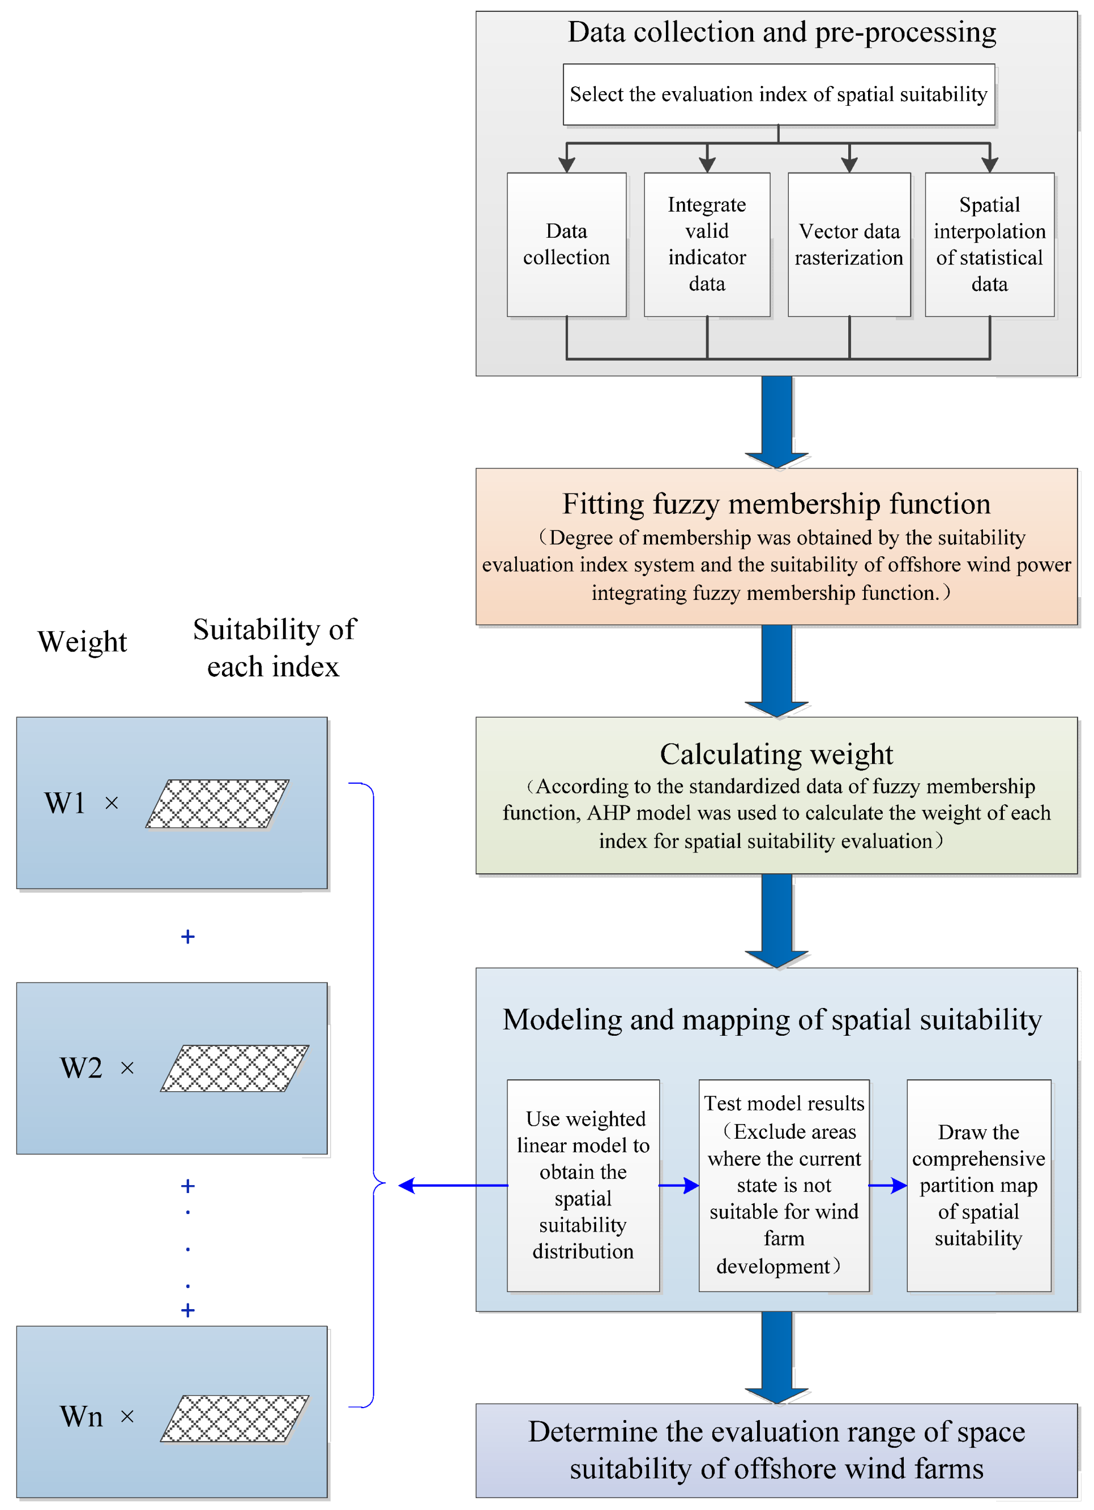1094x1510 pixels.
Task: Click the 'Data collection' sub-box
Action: (566, 244)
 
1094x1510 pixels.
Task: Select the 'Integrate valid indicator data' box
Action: (707, 244)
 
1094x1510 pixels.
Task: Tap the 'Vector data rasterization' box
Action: (849, 244)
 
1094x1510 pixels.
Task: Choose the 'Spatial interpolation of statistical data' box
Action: (989, 244)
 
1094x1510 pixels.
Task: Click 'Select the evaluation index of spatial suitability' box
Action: (778, 95)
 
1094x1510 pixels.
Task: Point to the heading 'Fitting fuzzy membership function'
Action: (776, 504)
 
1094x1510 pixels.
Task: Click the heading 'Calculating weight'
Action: (776, 754)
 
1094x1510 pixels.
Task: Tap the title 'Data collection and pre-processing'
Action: (781, 32)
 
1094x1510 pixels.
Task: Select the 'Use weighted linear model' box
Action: (583, 1185)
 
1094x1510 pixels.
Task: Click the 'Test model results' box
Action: (784, 1185)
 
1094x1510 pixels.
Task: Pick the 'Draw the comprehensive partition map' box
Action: (978, 1185)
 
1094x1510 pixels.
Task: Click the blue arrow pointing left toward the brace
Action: (453, 1185)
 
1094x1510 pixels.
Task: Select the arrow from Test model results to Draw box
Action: (887, 1185)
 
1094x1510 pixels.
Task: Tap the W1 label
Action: (65, 803)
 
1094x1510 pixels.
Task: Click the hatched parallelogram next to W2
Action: (234, 1068)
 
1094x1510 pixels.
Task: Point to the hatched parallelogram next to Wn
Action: (234, 1418)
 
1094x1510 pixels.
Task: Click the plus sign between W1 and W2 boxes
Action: (188, 937)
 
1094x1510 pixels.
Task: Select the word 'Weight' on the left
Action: (82, 642)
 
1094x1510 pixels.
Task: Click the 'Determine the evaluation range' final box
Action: (776, 1449)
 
